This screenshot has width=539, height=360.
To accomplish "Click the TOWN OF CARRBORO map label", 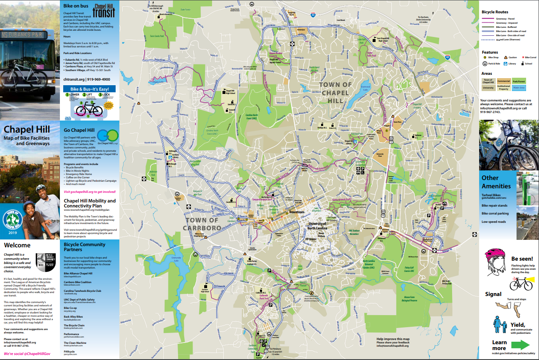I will tap(202, 224).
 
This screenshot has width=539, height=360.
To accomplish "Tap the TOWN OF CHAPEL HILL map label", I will tap(335, 92).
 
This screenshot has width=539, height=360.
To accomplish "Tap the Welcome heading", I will tap(17, 245).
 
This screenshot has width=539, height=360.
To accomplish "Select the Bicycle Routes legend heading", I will tap(495, 12).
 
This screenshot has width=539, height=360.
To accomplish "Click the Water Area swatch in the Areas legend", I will tap(519, 88).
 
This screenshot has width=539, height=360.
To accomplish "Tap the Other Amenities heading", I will tap(496, 182).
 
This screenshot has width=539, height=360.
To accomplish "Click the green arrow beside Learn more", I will tap(520, 345).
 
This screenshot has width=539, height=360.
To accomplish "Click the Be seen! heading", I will tap(522, 259).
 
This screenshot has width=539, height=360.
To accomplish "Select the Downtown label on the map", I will tap(297, 212).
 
